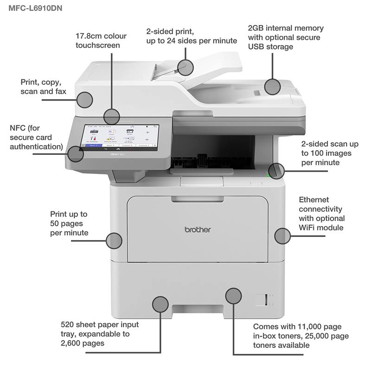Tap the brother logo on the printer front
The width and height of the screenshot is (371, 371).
198,230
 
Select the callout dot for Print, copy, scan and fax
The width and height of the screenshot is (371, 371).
85,99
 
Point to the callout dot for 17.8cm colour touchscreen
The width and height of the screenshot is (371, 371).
112,116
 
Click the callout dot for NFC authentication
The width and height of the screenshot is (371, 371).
76,154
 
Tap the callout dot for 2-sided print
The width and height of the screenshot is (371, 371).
185,67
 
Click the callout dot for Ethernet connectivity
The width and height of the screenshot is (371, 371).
282,236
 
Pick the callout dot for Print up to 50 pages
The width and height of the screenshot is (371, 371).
114,240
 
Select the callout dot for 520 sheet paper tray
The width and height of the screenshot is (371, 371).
160,304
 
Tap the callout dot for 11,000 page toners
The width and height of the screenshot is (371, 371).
233,295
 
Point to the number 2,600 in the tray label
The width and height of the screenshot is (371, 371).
72,343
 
